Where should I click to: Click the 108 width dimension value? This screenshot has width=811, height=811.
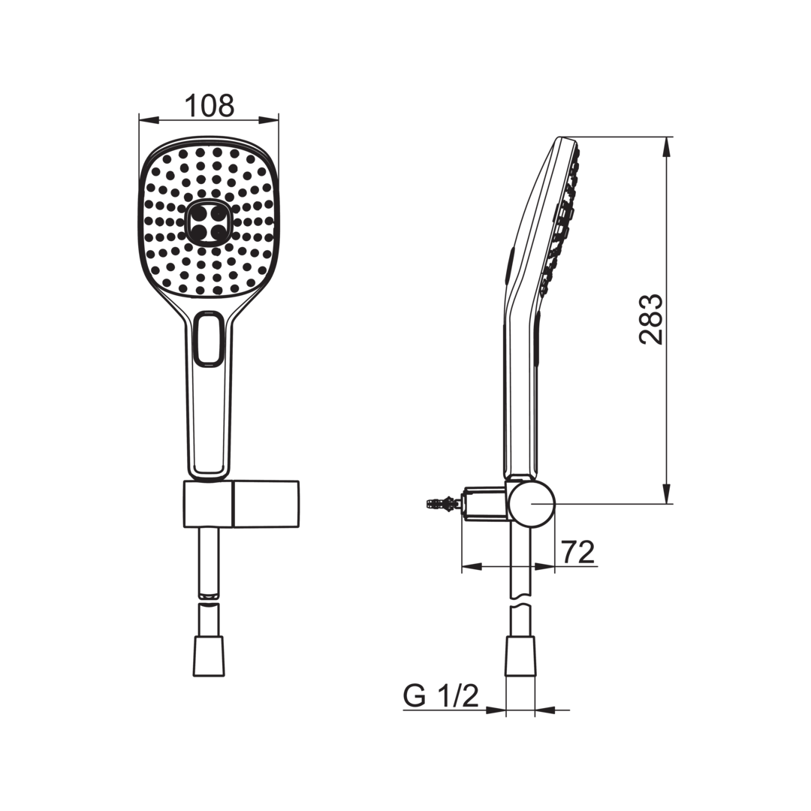(209, 106)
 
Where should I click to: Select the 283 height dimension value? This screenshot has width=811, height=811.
(650, 319)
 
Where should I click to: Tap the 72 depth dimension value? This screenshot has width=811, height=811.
(578, 552)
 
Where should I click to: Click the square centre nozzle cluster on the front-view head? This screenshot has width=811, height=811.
(209, 222)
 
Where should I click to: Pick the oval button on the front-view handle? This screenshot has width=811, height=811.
(209, 339)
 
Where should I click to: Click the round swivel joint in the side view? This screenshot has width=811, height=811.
(531, 502)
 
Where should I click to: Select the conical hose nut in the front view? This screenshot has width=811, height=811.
(209, 656)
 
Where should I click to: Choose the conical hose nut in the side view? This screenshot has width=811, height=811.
(520, 656)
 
